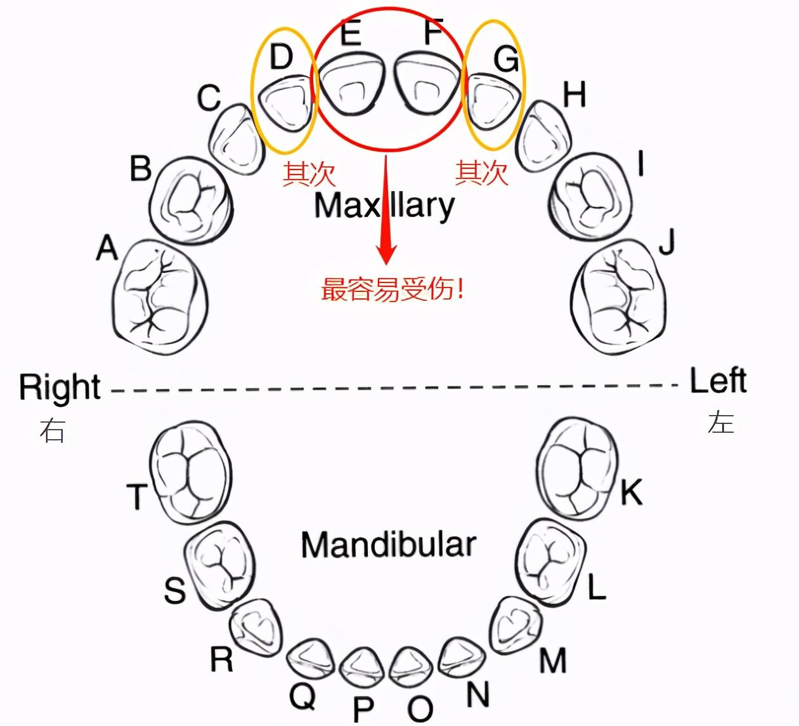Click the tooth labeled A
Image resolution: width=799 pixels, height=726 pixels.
point(160,297)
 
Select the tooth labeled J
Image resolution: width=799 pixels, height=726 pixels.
point(618,297)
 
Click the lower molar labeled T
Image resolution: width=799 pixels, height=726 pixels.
point(191,472)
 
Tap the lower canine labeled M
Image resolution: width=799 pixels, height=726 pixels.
point(516,625)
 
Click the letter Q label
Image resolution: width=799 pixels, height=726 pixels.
point(302,696)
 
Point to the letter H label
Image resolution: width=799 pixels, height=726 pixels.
point(575,94)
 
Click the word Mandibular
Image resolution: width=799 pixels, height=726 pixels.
point(388,545)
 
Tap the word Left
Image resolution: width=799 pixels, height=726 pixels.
point(718,381)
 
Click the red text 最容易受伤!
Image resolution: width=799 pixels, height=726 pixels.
point(393,289)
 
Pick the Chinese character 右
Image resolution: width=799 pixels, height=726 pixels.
point(52,430)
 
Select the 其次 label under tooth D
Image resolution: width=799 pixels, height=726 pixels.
point(309,174)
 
